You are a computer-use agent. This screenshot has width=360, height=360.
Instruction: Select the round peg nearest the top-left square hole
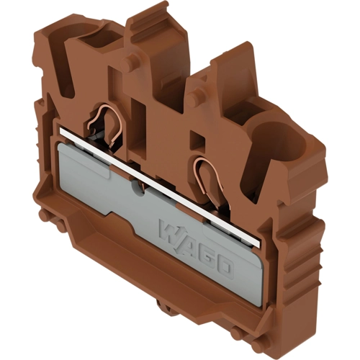coord(129,61)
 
